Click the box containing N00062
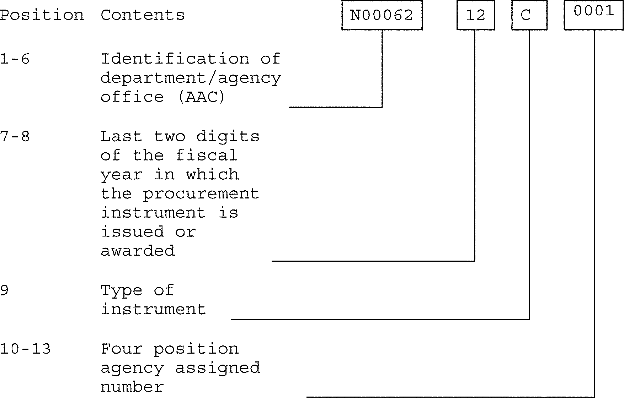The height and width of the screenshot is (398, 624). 382,15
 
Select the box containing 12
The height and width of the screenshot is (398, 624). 475,15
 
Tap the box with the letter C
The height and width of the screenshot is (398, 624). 529,15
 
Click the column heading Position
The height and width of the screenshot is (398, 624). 42,15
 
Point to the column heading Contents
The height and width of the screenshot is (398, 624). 143,15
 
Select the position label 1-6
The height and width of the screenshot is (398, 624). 15,59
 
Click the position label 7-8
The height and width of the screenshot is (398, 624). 15,137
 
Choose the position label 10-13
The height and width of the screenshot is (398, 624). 25,349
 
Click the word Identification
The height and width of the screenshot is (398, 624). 175,59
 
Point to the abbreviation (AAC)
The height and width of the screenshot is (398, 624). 201,97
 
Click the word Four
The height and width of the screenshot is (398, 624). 122,349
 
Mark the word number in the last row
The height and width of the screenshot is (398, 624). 132,387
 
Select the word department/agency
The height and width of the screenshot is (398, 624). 191,78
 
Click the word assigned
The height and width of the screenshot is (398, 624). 218,368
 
